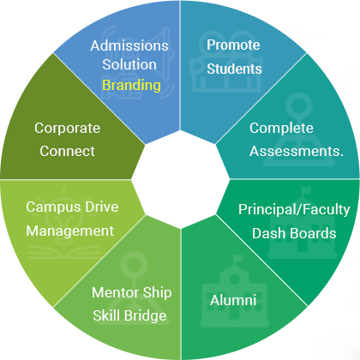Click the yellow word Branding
[x=131, y=86]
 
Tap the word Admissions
[x=129, y=45]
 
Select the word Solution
[x=129, y=64]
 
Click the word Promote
[x=233, y=45]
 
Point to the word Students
[x=234, y=69]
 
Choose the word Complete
[x=281, y=129]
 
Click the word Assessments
[x=297, y=151]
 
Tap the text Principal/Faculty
[x=294, y=210]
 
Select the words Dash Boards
[x=294, y=233]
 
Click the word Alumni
[x=233, y=300]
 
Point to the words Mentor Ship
[x=132, y=293]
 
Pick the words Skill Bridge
[x=129, y=315]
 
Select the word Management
[x=70, y=231]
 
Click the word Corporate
[x=68, y=129]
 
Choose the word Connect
[x=68, y=151]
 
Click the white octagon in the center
[x=181, y=179]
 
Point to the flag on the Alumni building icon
[x=237, y=260]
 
